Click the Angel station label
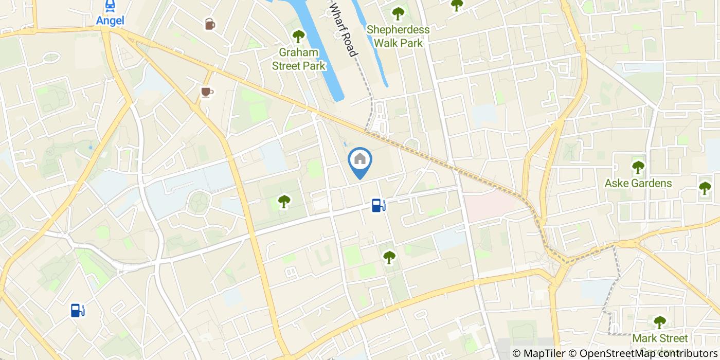pos(110,21)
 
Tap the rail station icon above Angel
pos(110,6)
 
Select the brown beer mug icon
pos(209,24)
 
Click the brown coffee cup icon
pos(206,92)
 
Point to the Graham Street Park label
pos(299,59)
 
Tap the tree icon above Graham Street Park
pos(298,36)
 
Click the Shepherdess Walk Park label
pos(398,36)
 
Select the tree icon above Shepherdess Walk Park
pos(398,13)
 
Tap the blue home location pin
pos(360,161)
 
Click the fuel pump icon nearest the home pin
pos(379,206)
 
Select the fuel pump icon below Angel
pos(77,310)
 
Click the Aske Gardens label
pos(638,183)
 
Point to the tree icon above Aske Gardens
pos(638,167)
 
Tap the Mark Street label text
pos(660,338)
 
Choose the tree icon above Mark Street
pos(660,322)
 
